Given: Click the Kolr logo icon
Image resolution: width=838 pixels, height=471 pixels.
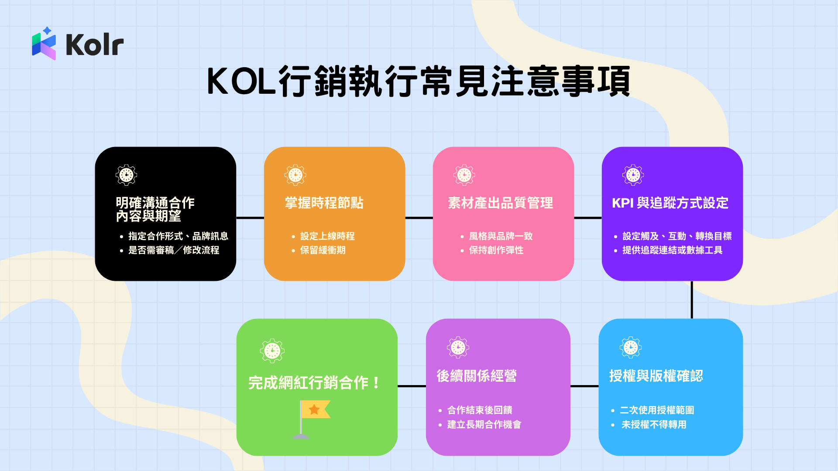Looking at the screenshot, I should click(44, 44).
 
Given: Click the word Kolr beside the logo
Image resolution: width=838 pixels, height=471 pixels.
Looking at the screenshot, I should click(95, 44).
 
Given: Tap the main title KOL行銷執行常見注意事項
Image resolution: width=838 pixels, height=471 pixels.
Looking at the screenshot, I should click(419, 82).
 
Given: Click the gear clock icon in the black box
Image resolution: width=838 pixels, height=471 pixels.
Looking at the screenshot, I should click(126, 175).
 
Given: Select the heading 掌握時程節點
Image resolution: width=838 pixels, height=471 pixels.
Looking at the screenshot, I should click(324, 203).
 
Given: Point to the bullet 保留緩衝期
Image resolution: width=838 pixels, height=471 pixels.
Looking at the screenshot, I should click(323, 250).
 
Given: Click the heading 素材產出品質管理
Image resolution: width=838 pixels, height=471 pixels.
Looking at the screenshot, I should click(500, 203).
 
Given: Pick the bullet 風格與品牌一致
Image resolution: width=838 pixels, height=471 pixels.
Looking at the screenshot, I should click(501, 236).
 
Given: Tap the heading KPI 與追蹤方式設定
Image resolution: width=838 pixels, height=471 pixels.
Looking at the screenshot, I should click(670, 203).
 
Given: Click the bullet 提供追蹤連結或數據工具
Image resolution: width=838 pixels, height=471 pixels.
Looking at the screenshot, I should click(672, 250).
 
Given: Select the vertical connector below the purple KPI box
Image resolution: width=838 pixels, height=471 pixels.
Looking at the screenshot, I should click(692, 300).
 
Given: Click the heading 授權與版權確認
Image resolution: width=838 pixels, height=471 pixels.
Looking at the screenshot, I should click(656, 376).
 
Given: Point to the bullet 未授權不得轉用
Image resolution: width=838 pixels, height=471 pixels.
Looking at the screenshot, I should click(653, 425).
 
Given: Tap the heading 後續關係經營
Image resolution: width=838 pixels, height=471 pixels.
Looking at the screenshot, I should click(477, 376).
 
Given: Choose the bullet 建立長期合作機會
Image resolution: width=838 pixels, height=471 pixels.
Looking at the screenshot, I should click(484, 425).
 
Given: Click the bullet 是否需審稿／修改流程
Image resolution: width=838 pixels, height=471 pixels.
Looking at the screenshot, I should click(173, 250).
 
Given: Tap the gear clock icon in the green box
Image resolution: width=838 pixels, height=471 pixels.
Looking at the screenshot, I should click(272, 351).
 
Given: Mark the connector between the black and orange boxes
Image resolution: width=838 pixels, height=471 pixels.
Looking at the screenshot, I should click(250, 218).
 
